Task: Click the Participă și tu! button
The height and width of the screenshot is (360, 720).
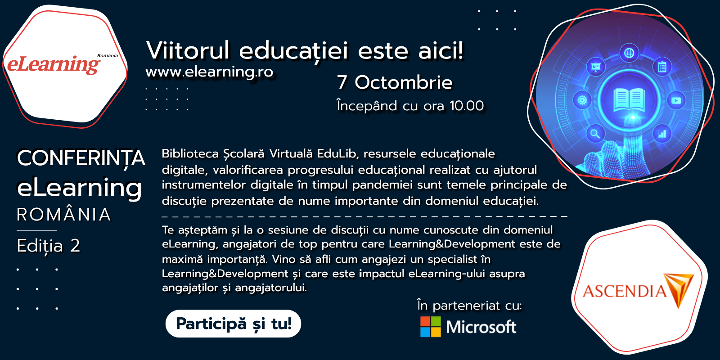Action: click(233, 324)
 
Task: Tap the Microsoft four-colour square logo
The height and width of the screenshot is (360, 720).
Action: click(430, 327)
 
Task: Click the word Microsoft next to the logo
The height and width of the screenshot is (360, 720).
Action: click(481, 327)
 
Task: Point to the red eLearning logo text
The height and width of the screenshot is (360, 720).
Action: click(54, 64)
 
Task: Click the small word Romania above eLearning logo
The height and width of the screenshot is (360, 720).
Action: click(108, 56)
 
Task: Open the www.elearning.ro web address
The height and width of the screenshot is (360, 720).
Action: click(209, 72)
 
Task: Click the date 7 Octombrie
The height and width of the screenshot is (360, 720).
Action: click(395, 82)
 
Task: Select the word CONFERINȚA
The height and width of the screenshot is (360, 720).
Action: click(81, 158)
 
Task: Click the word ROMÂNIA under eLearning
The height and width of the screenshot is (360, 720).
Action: click(63, 214)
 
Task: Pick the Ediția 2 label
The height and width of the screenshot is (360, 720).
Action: click(49, 246)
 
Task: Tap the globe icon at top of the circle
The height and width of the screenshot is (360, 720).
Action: click(629, 53)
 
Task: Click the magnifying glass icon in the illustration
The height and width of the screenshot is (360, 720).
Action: click(595, 133)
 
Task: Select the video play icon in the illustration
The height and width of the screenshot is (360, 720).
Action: click(676, 101)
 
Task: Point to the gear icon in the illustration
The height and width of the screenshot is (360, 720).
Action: click(582, 100)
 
